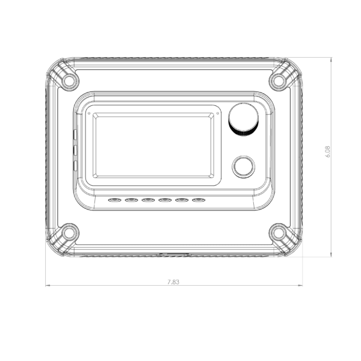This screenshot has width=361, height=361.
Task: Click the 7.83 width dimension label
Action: click(173, 282)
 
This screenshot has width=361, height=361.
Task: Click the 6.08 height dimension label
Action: click(328, 152)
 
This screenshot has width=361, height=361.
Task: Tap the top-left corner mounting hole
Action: click(69, 81)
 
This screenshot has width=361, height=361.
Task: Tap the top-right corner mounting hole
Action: click(279, 81)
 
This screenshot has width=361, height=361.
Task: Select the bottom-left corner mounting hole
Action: click(69, 232)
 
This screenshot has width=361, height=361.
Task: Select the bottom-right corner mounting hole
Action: click(279, 232)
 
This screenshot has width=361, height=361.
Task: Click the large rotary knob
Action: click(243, 120)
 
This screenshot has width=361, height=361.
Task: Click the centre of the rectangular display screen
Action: click(153, 145)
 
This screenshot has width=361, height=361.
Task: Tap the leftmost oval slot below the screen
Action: click(115, 200)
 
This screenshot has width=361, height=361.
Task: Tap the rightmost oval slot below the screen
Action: click(199, 200)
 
